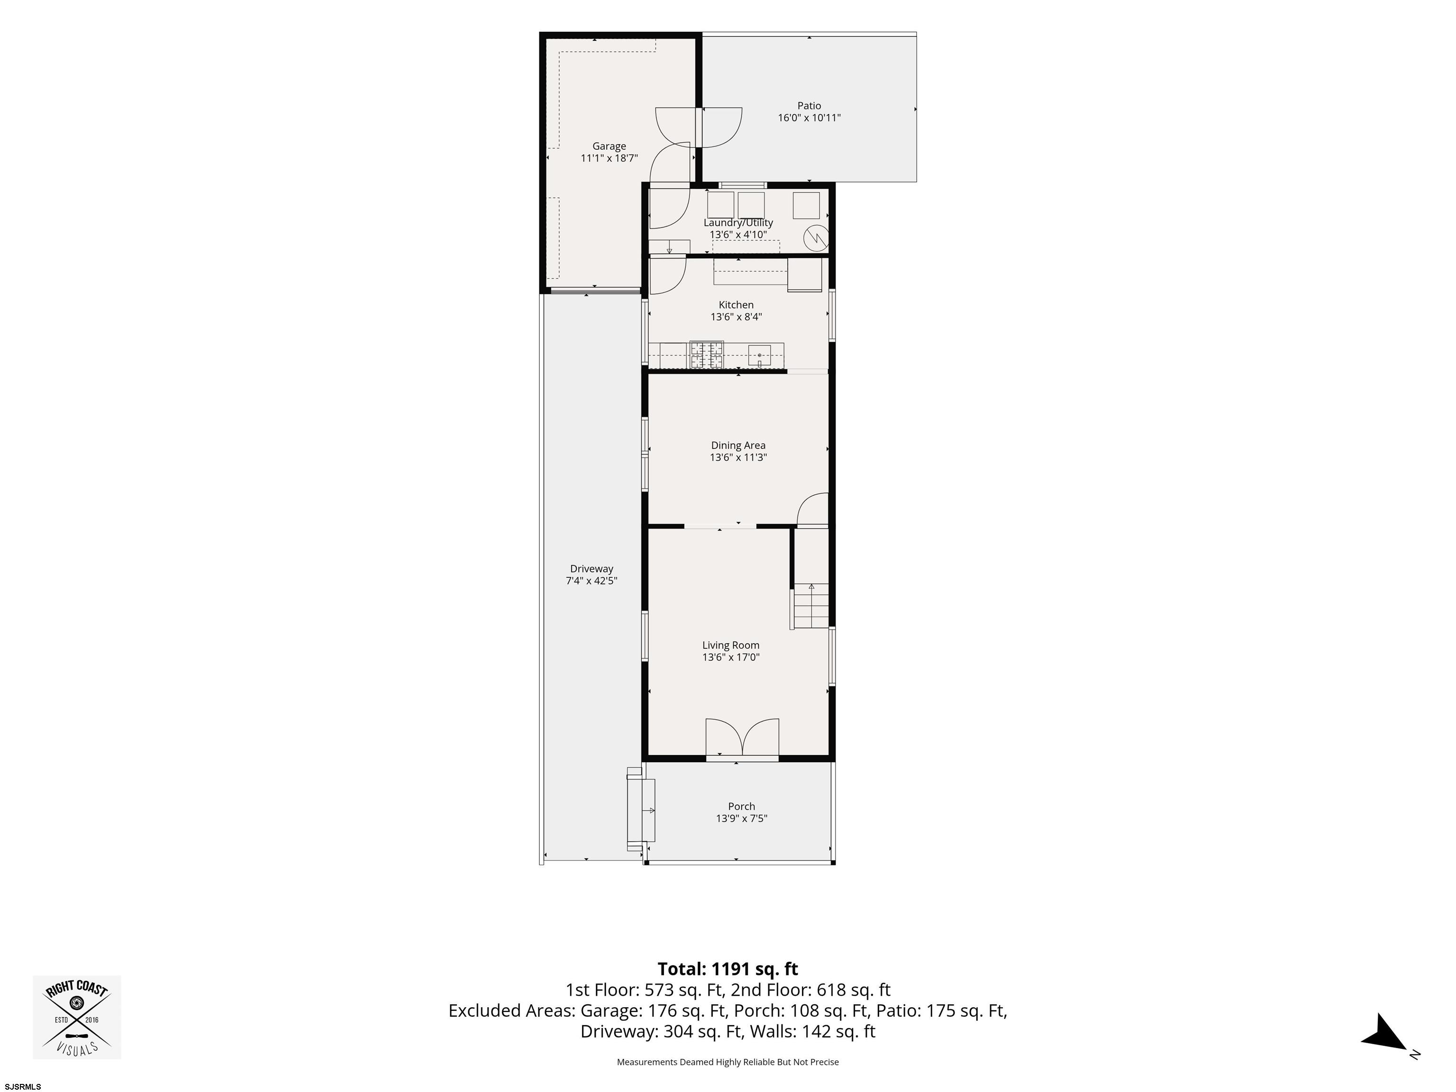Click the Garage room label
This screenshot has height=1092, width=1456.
pyautogui.click(x=609, y=146)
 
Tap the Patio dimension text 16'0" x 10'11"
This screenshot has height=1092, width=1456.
pyautogui.click(x=809, y=118)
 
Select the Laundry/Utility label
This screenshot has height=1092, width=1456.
pyautogui.click(x=738, y=222)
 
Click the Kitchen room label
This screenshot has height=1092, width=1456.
pyautogui.click(x=736, y=305)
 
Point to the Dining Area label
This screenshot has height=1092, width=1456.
pyautogui.click(x=738, y=445)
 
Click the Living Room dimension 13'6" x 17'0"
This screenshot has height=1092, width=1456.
pyautogui.click(x=731, y=657)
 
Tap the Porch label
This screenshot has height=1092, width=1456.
pyautogui.click(x=741, y=806)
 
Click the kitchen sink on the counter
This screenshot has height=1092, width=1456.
pyautogui.click(x=759, y=355)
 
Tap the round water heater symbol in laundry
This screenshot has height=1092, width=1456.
pyautogui.click(x=816, y=237)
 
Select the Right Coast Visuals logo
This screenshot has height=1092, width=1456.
pyautogui.click(x=76, y=1017)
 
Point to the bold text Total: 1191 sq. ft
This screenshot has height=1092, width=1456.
pyautogui.click(x=728, y=969)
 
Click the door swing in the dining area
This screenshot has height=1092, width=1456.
pyautogui.click(x=812, y=510)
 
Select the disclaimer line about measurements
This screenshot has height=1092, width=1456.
pyautogui.click(x=728, y=1062)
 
